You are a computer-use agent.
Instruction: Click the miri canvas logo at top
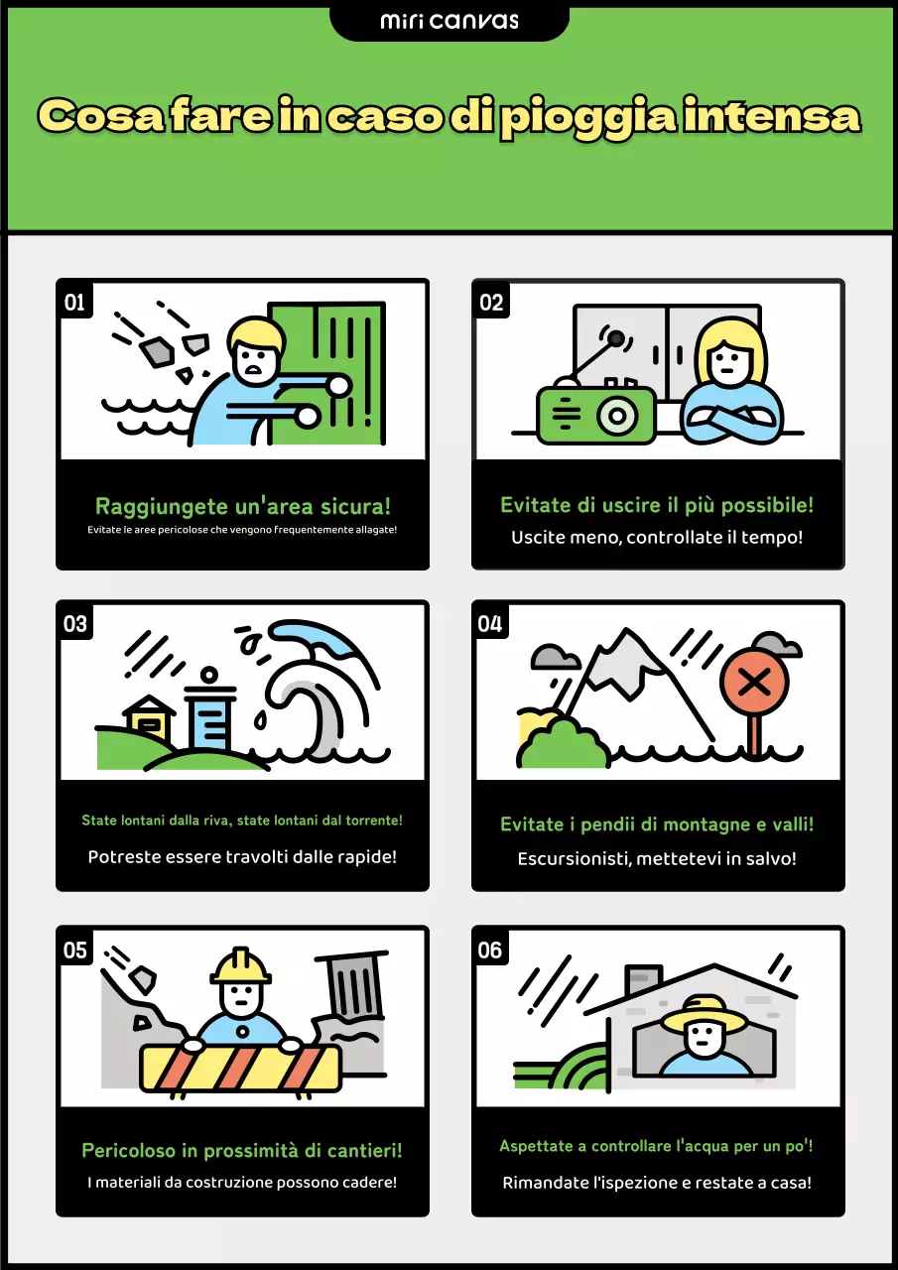tap(449, 21)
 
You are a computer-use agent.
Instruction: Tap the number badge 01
tap(74, 303)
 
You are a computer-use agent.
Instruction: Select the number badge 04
tap(490, 624)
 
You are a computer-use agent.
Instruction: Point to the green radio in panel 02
tap(596, 413)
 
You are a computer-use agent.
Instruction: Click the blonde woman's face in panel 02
tap(729, 360)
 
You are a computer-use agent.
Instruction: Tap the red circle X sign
tap(754, 683)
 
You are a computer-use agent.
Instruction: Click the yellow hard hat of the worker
tap(241, 966)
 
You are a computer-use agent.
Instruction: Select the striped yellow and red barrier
tap(241, 1069)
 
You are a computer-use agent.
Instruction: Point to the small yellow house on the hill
tap(149, 717)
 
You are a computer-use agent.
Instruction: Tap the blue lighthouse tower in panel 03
tap(209, 711)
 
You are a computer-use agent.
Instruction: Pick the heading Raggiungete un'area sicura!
tap(243, 506)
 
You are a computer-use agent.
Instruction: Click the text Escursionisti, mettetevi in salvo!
tap(657, 858)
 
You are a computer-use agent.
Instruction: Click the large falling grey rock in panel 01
tap(156, 351)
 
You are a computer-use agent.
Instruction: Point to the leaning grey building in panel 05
tap(352, 985)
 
